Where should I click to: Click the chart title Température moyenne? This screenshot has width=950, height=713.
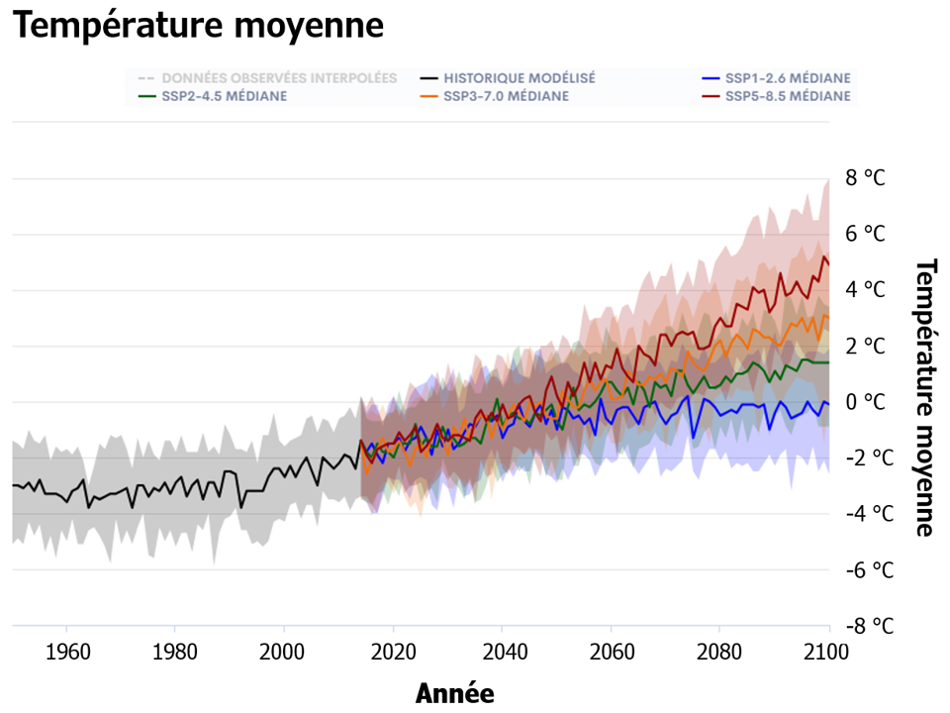[198, 26]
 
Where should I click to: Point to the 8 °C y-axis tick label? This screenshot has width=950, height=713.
[865, 178]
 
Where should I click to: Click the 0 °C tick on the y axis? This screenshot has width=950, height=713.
[865, 402]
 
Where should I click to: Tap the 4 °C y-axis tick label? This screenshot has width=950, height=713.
[865, 290]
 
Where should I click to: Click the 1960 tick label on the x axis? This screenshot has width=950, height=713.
[65, 653]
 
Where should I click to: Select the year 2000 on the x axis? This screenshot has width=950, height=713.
[284, 653]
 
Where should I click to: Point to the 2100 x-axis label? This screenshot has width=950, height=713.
[829, 653]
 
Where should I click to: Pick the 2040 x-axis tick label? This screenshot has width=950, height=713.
[502, 653]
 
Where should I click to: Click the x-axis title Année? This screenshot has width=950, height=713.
[454, 693]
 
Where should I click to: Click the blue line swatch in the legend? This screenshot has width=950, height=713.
[709, 78]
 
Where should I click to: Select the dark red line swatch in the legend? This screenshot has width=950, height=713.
[709, 96]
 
